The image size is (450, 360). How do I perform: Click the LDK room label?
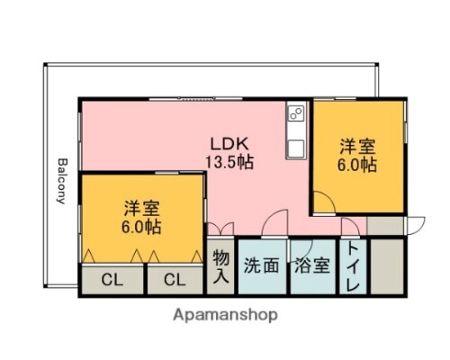(x=230, y=145)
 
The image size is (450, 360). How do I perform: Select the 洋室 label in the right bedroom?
(x=357, y=147)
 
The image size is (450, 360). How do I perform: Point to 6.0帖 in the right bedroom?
(x=357, y=166)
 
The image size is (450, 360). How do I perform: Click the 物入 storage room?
(x=221, y=267)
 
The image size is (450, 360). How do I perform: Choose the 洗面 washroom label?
(x=262, y=266)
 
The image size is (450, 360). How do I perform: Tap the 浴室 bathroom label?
(x=310, y=266)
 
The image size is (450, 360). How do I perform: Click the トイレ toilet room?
(x=354, y=267)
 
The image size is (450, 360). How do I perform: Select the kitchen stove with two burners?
(x=297, y=115)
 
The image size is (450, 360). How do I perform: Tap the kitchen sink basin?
(x=295, y=145)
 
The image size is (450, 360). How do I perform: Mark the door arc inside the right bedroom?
(x=325, y=203)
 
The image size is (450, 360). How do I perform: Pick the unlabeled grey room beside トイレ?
(x=389, y=266)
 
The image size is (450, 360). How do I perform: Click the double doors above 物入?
(x=221, y=229)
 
